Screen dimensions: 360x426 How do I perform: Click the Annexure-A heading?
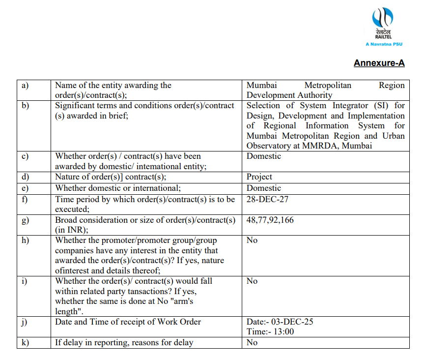tap(379, 63)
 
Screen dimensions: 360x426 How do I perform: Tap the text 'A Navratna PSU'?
tap(384, 44)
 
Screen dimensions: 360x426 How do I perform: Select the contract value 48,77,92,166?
tap(270, 220)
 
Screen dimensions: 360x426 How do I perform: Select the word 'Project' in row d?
tap(259, 177)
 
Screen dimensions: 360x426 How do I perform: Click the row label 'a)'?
tap(25, 85)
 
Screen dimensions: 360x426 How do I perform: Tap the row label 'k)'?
tap(25, 342)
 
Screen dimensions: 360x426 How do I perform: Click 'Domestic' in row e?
tap(263, 188)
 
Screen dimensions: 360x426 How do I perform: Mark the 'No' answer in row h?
tap(252, 240)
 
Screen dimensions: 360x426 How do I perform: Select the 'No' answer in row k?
tap(252, 342)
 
